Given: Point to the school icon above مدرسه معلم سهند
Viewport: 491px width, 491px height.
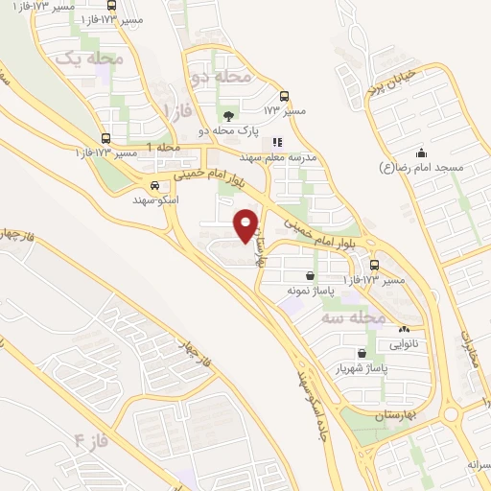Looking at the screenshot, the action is [276, 143].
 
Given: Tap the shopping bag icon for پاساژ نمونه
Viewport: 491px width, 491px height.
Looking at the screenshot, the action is [309, 275].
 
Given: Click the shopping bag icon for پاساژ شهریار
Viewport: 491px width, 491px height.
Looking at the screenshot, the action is [361, 353].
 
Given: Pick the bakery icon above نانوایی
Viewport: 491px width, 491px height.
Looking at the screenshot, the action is [402, 330].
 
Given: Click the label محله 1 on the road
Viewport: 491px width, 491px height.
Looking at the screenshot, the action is [163, 147].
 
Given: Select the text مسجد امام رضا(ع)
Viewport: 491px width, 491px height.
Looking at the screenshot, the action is [422, 168].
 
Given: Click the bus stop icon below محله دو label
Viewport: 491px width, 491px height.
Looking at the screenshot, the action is [283, 96].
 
